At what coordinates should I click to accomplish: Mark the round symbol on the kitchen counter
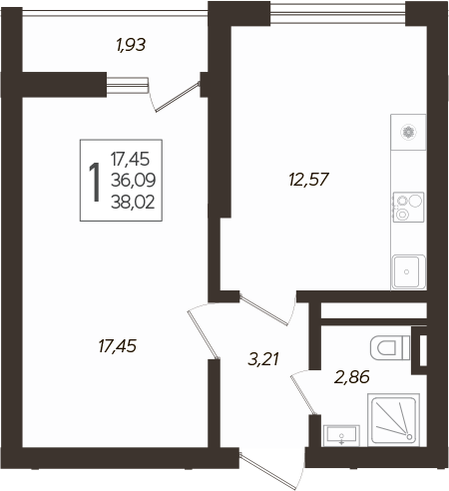(x=407, y=132)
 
